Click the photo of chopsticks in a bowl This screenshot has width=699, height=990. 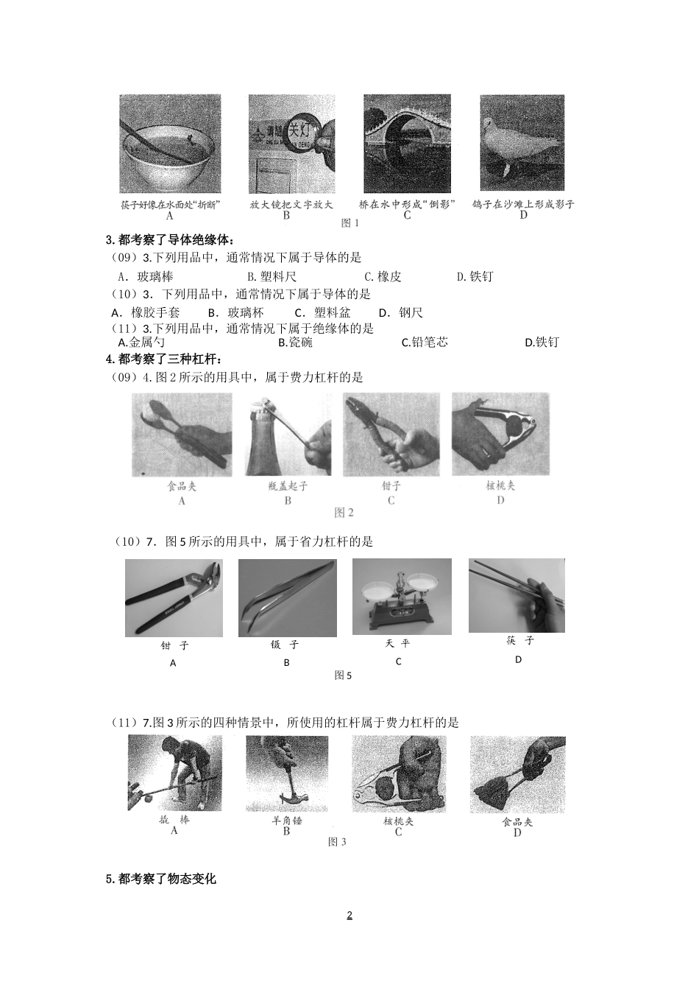(170, 144)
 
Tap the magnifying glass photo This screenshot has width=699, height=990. (291, 144)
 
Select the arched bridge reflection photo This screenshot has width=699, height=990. (407, 144)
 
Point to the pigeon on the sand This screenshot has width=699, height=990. (522, 144)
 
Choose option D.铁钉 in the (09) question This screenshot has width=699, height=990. (475, 276)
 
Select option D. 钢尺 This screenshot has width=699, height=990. (401, 312)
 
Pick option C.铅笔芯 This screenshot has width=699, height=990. (425, 342)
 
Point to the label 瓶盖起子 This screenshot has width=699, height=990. (288, 486)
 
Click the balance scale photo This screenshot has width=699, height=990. (401, 596)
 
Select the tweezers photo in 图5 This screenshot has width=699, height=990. (287, 598)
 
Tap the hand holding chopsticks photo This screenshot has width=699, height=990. (517, 595)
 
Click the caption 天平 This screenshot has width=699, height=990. (398, 643)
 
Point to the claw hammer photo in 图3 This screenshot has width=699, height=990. (287, 773)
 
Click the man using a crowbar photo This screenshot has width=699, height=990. (174, 773)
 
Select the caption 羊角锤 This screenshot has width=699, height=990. (287, 820)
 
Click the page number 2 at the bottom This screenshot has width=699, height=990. (349, 916)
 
